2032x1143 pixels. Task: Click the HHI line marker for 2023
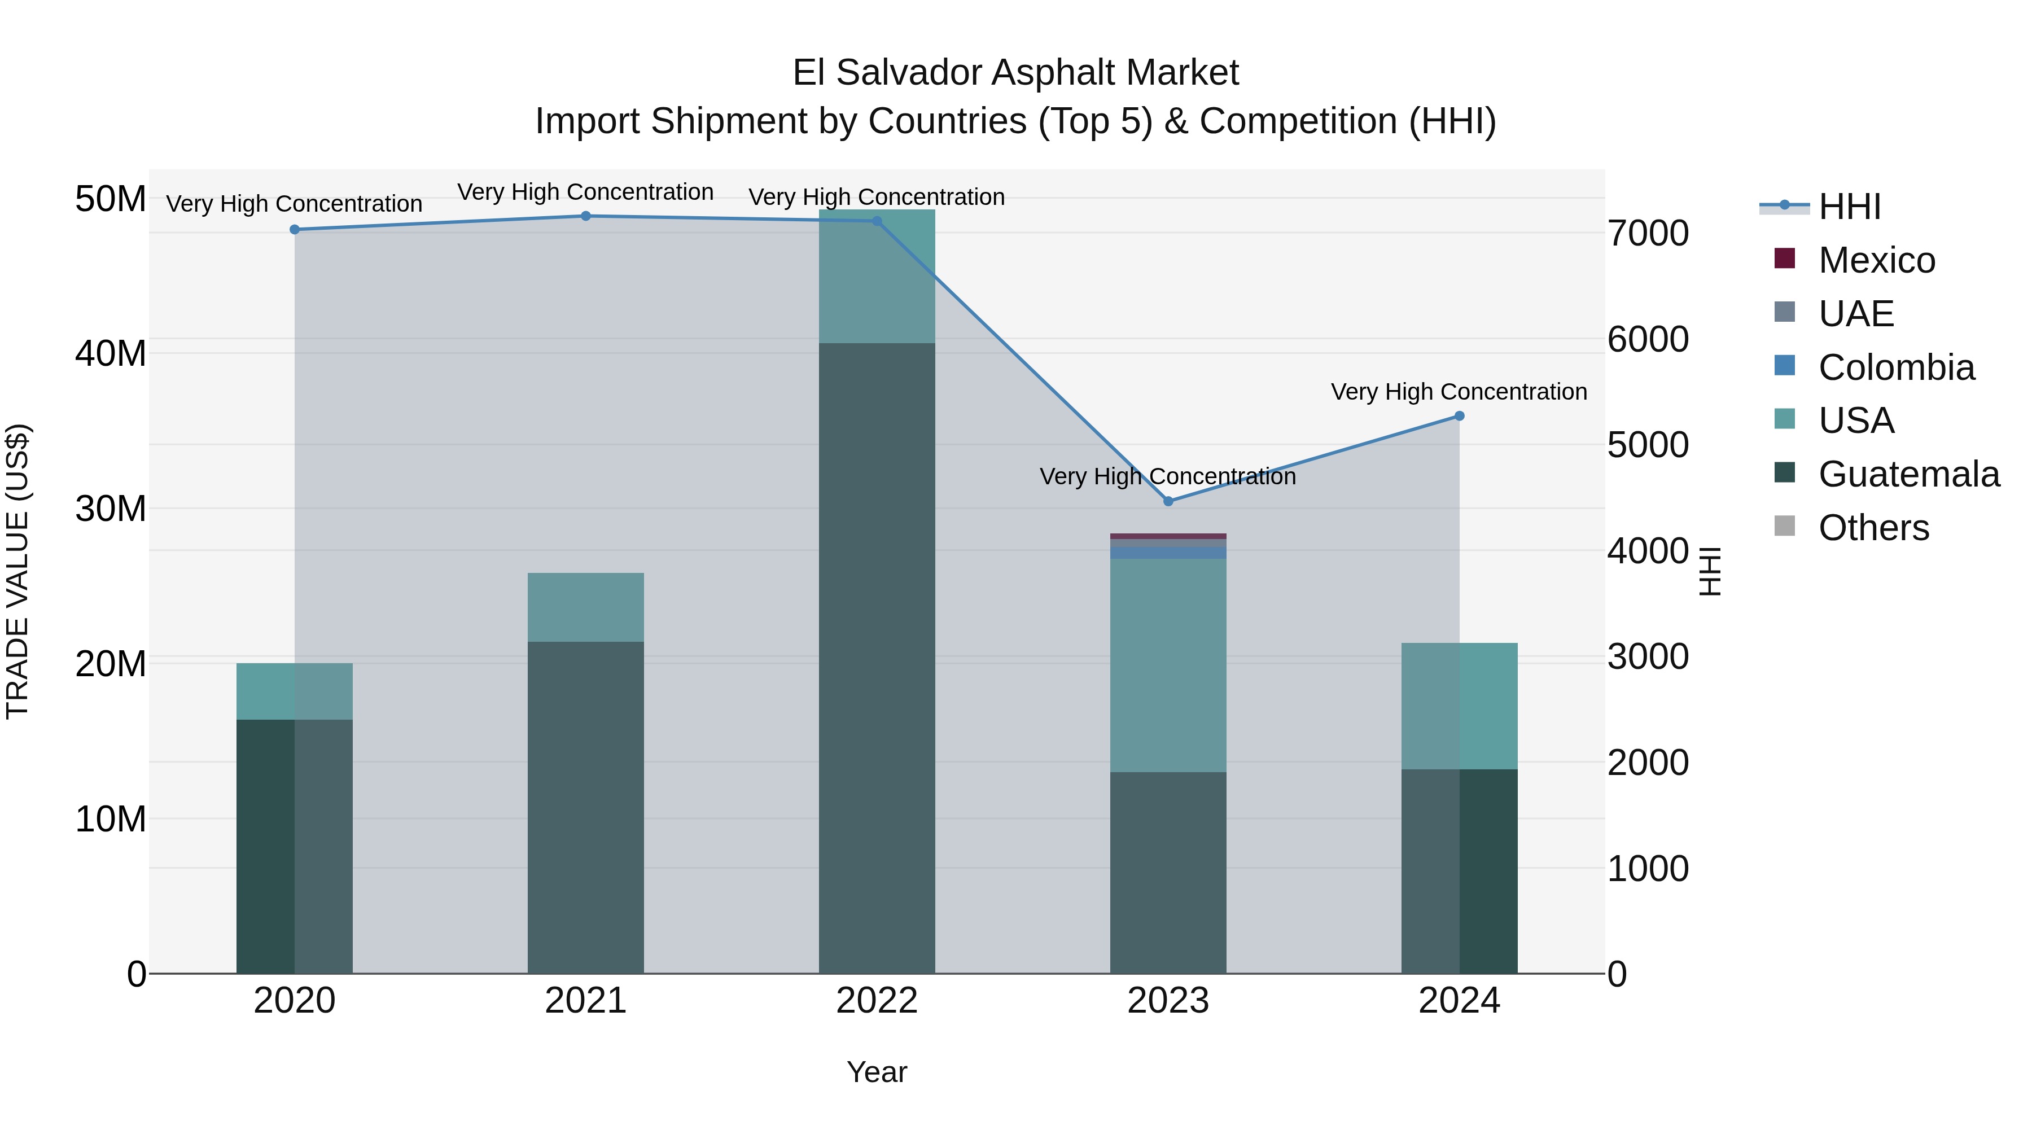tap(1168, 502)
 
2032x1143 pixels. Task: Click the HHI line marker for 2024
tap(1459, 415)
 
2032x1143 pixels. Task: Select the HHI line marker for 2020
tap(294, 230)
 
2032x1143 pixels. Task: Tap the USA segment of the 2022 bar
tap(877, 276)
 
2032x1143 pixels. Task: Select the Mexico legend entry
tap(1876, 260)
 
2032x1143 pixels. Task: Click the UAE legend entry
tap(1855, 313)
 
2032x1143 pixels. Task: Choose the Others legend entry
tap(1873, 528)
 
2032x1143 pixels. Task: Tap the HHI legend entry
tap(1848, 207)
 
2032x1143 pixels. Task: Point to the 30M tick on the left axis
tap(111, 509)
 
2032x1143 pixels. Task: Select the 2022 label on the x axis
tap(877, 1001)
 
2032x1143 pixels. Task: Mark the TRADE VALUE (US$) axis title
tap(17, 571)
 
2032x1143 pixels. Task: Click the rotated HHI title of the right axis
tap(1709, 571)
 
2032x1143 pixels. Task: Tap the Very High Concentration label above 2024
tap(1459, 392)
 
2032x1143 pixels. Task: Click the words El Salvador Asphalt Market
tap(1015, 73)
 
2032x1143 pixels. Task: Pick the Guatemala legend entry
tap(1908, 474)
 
